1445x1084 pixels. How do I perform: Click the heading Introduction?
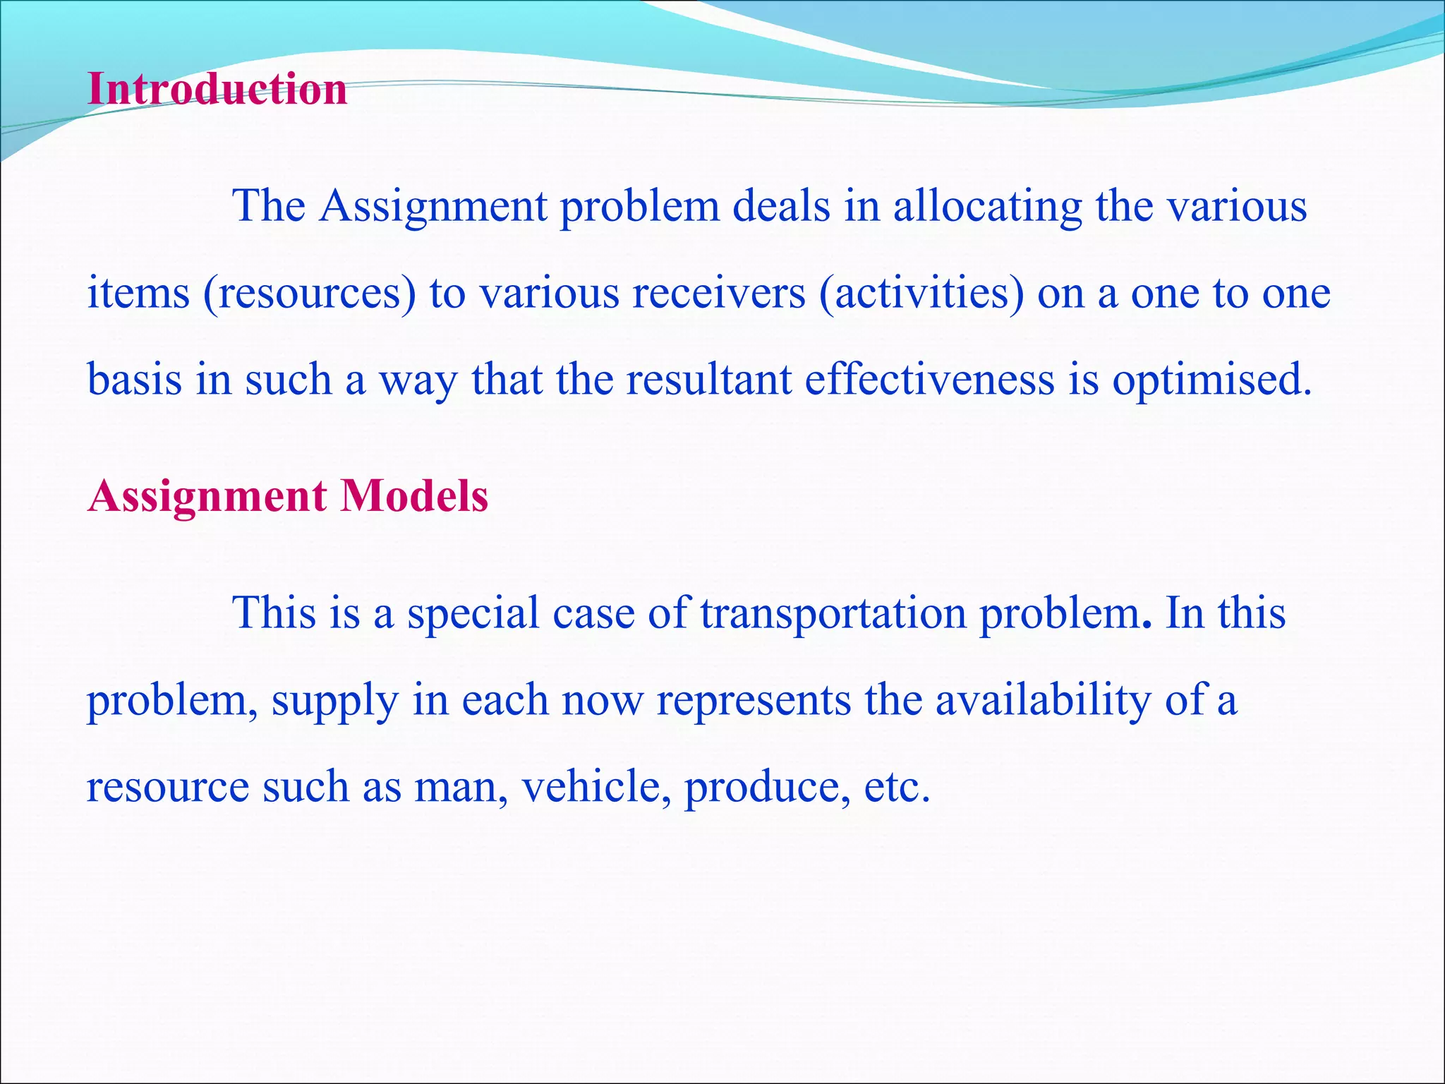click(217, 90)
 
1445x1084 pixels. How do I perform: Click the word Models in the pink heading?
click(414, 496)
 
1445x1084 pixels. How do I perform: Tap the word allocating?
click(987, 207)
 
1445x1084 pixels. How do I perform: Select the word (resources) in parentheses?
click(310, 294)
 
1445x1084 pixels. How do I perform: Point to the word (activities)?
click(921, 294)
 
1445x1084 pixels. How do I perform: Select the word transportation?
click(833, 613)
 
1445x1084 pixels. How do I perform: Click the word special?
click(473, 613)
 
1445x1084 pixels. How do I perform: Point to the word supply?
click(335, 701)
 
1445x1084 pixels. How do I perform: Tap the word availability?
click(1043, 700)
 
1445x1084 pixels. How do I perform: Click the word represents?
click(754, 701)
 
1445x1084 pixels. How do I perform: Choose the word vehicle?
click(595, 787)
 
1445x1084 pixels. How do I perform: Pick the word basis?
click(134, 380)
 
